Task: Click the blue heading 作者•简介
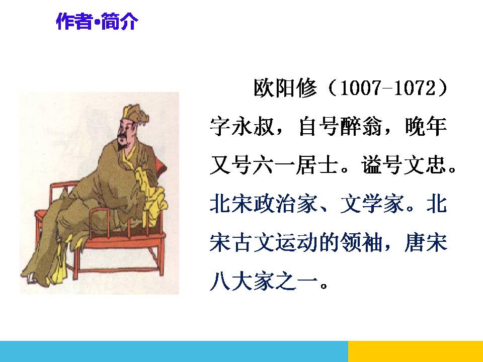(x=96, y=22)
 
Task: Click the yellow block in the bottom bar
(x=415, y=351)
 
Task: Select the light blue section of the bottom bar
(x=174, y=351)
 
